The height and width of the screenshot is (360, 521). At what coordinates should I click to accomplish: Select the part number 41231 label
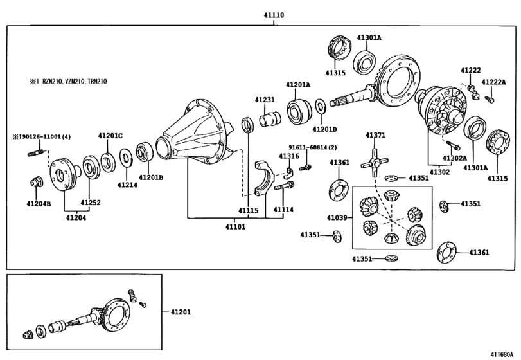[264, 100]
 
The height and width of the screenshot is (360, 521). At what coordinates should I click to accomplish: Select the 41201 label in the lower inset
[181, 312]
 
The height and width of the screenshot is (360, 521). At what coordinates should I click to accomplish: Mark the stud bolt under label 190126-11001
[37, 154]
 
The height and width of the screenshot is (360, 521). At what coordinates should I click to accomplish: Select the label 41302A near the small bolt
[454, 157]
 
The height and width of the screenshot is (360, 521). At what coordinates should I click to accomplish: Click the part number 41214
[126, 184]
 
